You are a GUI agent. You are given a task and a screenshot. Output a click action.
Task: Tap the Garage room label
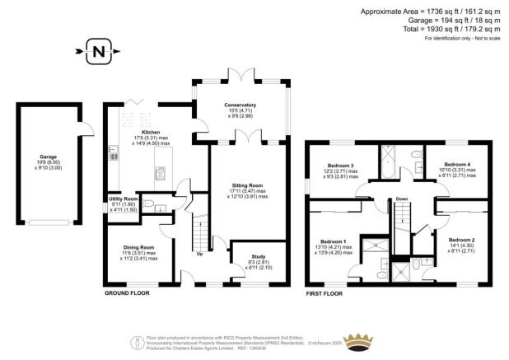click(x=48, y=157)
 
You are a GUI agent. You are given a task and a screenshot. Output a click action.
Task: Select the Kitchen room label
click(x=151, y=132)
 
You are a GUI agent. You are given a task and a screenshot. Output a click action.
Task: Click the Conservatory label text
click(x=240, y=105)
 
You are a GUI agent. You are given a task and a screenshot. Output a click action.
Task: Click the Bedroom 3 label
click(x=340, y=166)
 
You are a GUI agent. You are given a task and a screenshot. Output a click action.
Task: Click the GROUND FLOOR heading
click(x=127, y=292)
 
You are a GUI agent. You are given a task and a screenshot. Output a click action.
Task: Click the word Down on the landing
click(x=401, y=199)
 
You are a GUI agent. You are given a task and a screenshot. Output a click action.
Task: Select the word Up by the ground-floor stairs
click(x=199, y=253)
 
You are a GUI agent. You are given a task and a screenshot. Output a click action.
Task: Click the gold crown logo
click(x=360, y=342)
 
